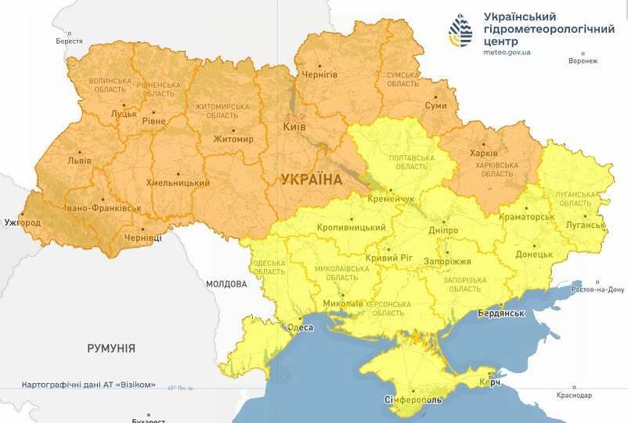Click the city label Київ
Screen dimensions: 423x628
coord(294,127)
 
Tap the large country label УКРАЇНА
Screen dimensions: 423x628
coord(312,179)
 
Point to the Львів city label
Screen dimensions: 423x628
coord(79,161)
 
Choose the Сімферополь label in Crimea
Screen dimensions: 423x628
coord(412,400)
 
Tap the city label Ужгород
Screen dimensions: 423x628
coord(22,223)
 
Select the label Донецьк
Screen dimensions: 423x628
coord(535,255)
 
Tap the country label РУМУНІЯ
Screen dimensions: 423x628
coord(111,348)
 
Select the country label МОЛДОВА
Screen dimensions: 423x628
coord(227,284)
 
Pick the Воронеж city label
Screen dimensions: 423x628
coord(583,61)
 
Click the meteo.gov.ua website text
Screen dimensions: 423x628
coord(507,52)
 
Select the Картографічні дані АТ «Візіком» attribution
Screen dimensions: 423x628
coord(88,385)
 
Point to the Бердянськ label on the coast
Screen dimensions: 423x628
coord(500,313)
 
